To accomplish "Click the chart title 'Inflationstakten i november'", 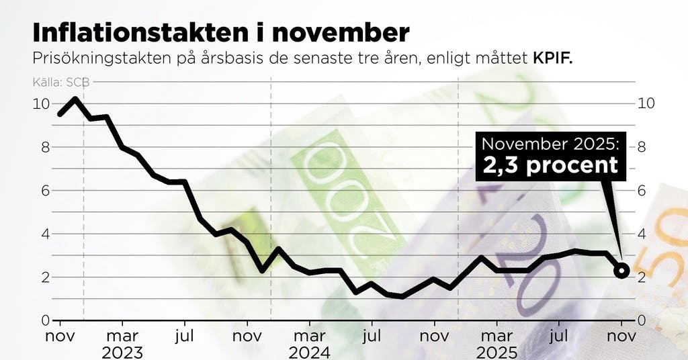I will (220, 33).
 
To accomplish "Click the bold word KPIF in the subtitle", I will (552, 58).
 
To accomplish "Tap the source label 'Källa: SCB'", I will (60, 83).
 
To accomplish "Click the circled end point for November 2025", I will (621, 271).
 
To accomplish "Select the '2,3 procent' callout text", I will (550, 165).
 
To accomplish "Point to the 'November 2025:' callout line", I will (550, 143).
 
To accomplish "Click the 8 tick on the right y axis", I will (642, 147).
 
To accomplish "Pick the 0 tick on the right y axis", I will (642, 320).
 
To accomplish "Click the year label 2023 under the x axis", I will (122, 352).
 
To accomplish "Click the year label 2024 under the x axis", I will (309, 352).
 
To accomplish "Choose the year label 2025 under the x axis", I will (496, 352).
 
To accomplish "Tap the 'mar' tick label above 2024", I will (309, 334).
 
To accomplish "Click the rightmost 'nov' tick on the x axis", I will (621, 334).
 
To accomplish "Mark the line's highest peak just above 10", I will (75, 99).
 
